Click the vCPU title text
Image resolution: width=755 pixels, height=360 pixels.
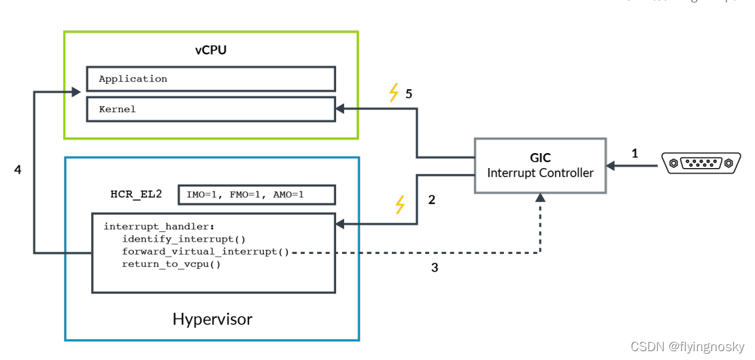coord(210,50)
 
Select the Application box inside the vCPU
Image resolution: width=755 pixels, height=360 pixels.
coord(210,79)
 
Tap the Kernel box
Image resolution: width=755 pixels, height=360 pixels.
coord(210,109)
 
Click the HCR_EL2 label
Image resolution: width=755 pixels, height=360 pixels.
coord(136,194)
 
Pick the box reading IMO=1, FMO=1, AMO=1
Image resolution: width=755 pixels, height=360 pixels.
coord(256,195)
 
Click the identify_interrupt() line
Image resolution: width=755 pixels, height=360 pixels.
coord(184,239)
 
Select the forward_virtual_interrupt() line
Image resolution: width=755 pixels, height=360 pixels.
coord(205,252)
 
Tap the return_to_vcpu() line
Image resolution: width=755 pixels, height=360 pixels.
coord(171,264)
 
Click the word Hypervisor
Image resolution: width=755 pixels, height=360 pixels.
coord(212,319)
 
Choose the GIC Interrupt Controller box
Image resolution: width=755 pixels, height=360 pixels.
coord(539,165)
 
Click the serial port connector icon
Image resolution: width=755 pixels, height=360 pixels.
coord(701,163)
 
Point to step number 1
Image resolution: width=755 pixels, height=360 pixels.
coord(635,154)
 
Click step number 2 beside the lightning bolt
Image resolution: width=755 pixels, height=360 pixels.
coord(431,200)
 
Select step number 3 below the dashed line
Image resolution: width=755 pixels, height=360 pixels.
coord(435,267)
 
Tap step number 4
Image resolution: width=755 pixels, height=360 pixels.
coord(18,169)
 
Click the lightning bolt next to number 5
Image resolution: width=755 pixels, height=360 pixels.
coord(394,93)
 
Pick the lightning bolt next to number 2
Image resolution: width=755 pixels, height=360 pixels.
coord(401,204)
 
